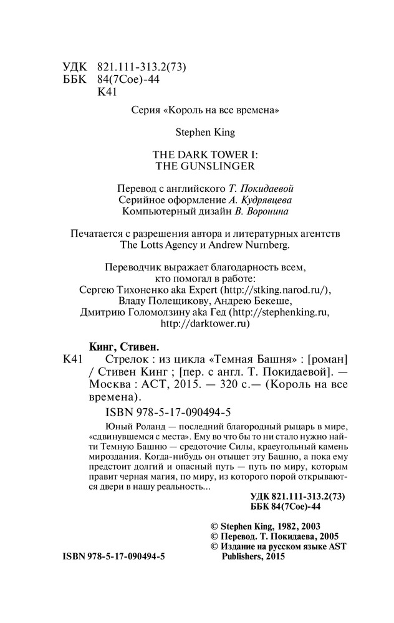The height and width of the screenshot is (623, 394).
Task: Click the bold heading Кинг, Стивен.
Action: (x=121, y=346)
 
